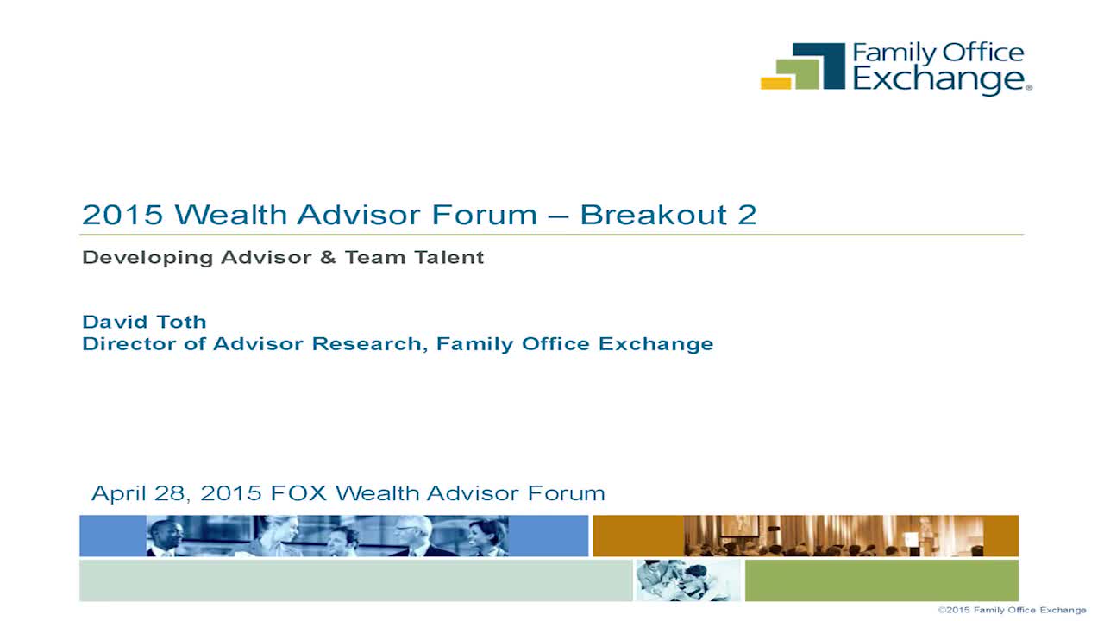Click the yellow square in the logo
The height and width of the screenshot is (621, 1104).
tap(775, 84)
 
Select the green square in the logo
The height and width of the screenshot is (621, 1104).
tap(799, 74)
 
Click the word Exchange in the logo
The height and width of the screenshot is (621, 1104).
tap(940, 80)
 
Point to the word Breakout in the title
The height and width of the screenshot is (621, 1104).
tap(654, 215)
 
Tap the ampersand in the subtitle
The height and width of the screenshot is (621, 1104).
tap(328, 257)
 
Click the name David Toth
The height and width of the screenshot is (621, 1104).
tap(144, 322)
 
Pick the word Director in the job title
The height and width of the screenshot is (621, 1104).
tap(129, 344)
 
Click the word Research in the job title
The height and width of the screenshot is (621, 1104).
tap(367, 344)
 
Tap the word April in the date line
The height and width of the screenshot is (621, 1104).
tap(119, 494)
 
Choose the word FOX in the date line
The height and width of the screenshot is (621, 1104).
tap(298, 493)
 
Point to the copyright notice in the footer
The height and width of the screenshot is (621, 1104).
tap(1012, 610)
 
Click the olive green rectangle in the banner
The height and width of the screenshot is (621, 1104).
tap(881, 580)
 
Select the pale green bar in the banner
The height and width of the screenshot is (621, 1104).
tap(356, 580)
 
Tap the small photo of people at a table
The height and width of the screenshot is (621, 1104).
tap(688, 580)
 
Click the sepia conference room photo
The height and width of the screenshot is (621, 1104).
tap(833, 536)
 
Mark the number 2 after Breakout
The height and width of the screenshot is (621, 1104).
tap(747, 215)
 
